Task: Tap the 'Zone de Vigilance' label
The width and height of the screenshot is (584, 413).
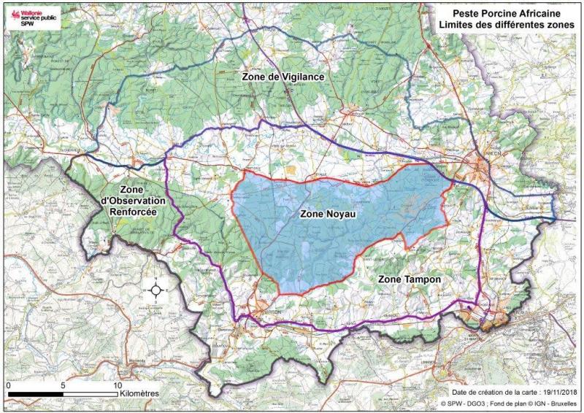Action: click(283, 77)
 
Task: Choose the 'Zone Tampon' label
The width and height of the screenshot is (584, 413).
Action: click(407, 279)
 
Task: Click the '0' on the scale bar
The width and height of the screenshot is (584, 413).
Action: click(8, 385)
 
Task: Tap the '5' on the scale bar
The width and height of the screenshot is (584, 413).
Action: click(64, 385)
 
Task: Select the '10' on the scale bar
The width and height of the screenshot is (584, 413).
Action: click(117, 385)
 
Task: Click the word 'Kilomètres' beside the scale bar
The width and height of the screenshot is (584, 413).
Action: click(140, 393)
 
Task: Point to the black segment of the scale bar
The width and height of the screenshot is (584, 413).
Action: click(35, 394)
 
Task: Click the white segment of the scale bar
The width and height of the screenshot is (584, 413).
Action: click(91, 394)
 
